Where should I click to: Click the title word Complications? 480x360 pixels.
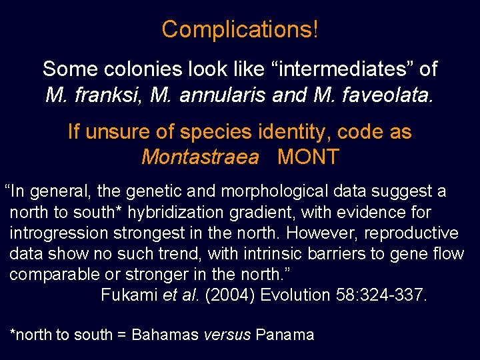point(240,29)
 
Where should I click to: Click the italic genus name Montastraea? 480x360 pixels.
point(200,157)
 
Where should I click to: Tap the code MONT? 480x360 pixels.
point(308,157)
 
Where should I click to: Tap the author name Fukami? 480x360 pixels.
point(129,295)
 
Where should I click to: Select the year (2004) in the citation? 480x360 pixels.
point(230,295)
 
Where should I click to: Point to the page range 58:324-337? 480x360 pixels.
point(381,295)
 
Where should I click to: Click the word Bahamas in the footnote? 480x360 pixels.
point(165,335)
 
